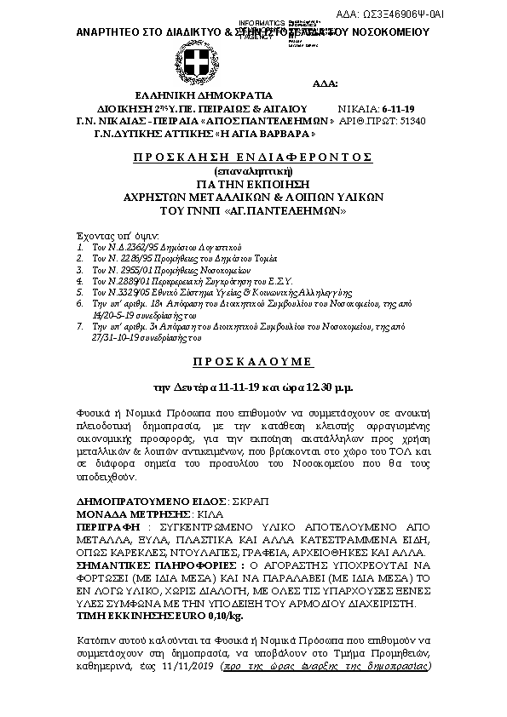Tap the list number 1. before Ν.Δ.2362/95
coord(79,244)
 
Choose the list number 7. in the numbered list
coord(79,326)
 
